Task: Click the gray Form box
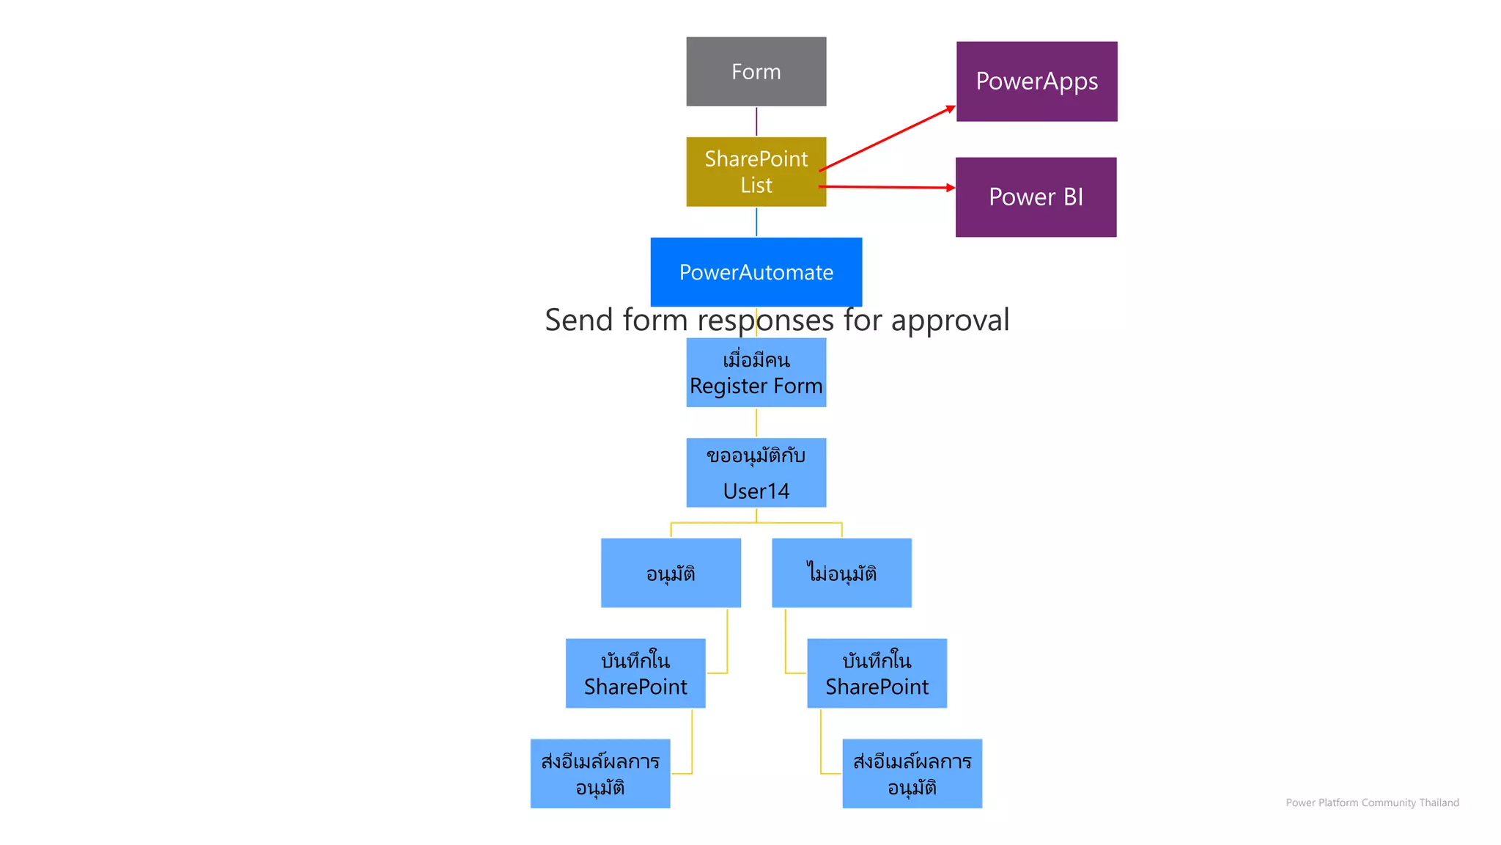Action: point(756,71)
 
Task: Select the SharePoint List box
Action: point(756,172)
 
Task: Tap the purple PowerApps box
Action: point(1036,81)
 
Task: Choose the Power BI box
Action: point(1036,197)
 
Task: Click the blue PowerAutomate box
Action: point(756,272)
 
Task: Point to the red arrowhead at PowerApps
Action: point(951,109)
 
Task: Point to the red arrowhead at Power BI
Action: point(951,188)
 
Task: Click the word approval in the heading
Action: point(950,321)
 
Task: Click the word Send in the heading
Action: point(578,321)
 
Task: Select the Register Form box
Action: point(756,373)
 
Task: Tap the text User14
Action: point(756,491)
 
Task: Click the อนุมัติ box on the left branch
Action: point(671,573)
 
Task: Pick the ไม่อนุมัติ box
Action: point(841,573)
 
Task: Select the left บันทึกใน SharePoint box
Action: point(635,673)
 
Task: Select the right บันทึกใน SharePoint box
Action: point(877,673)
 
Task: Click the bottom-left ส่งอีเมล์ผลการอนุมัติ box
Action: point(600,774)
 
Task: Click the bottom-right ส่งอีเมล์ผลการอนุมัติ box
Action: point(912,774)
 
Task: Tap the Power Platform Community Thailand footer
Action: point(1372,802)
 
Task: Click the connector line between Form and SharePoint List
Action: point(756,122)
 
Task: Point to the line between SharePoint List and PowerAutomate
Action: point(756,222)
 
